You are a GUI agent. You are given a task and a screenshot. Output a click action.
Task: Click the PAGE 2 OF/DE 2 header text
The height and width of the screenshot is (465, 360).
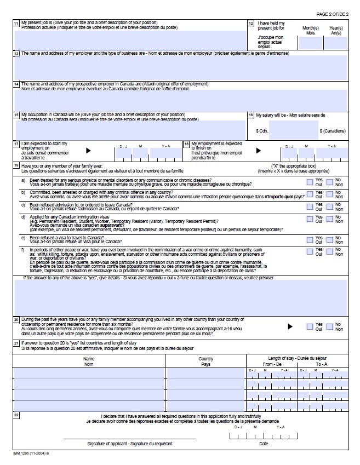(332, 14)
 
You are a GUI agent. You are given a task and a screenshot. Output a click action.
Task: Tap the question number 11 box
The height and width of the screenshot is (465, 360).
(16, 23)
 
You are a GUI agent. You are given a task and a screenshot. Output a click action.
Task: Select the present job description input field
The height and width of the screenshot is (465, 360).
(130, 40)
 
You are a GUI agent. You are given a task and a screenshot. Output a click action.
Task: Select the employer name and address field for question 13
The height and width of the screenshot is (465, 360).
(180, 68)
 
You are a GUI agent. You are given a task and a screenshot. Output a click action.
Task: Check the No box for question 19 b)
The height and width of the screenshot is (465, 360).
(329, 194)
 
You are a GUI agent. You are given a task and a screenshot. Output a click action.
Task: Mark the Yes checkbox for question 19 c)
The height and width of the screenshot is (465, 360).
(310, 207)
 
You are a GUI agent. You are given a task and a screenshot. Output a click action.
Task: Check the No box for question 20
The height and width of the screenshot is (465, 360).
(329, 326)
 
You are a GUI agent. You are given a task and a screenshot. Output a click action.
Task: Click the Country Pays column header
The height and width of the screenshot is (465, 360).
(205, 361)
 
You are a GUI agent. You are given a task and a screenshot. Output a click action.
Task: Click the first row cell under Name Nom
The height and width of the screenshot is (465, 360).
(89, 374)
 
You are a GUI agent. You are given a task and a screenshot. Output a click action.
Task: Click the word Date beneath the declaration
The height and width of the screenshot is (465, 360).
(264, 444)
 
